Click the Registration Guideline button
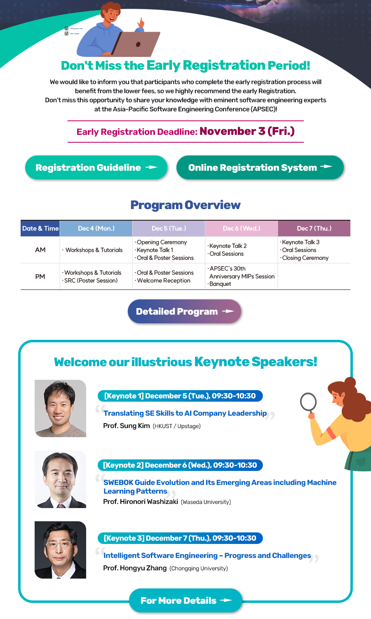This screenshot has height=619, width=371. click(96, 167)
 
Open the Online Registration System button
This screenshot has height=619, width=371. click(260, 167)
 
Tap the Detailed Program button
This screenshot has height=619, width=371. click(184, 311)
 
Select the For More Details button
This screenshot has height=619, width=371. click(185, 600)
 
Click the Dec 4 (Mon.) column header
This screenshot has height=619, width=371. click(96, 228)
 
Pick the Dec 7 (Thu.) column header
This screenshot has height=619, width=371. click(314, 228)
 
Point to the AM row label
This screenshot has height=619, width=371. click(40, 250)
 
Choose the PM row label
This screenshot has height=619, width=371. click(40, 277)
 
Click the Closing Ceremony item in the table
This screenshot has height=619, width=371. click(305, 258)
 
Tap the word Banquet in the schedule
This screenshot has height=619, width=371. click(220, 284)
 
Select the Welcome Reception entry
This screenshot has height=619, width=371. click(164, 280)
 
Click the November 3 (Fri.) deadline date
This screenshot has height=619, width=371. click(247, 131)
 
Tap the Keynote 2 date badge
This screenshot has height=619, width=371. click(180, 465)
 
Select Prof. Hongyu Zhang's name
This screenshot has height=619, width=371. click(135, 568)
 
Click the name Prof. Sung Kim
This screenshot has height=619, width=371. click(127, 426)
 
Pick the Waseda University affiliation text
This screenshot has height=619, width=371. click(206, 502)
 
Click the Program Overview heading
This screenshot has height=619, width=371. click(185, 205)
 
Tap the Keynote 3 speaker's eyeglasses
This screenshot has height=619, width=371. click(59, 544)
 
